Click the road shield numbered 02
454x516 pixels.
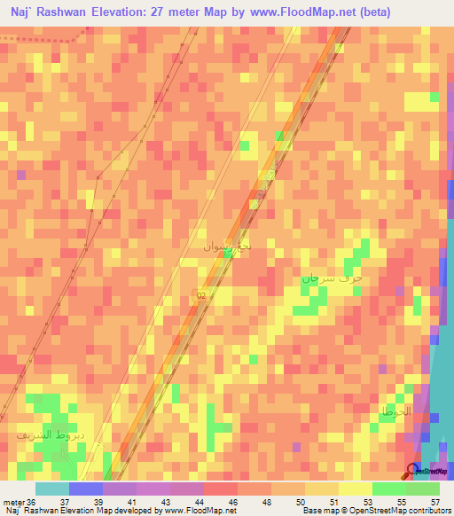[201, 296]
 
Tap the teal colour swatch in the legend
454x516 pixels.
[52, 489]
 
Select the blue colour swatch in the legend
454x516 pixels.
[86, 489]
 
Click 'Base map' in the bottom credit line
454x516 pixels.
[322, 511]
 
